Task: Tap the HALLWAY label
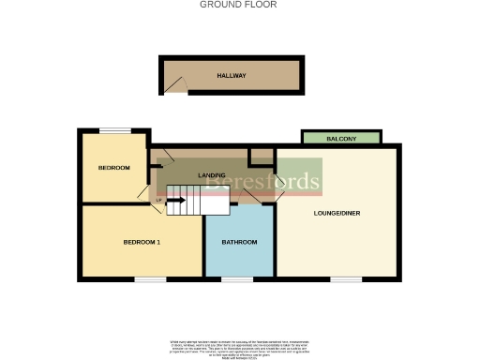coord(232,76)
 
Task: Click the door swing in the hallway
coord(174,85)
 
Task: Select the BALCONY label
coord(341,139)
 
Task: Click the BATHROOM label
coord(239,243)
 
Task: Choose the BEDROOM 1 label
coord(142,243)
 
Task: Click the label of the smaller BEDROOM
coord(113,168)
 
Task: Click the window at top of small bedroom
coord(114,130)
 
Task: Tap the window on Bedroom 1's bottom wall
coord(150,278)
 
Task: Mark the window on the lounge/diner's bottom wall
coord(346,278)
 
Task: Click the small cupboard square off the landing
coord(262,157)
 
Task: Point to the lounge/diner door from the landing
coord(277,192)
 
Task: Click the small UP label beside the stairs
coord(159,200)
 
